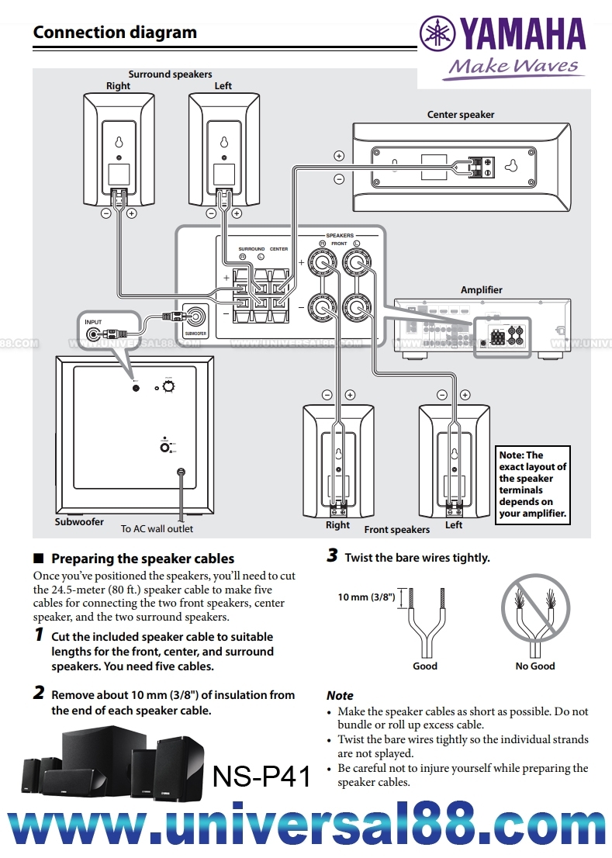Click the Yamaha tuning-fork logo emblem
click(x=438, y=34)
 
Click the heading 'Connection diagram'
click(x=115, y=33)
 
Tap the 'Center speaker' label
click(x=461, y=115)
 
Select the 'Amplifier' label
click(x=482, y=289)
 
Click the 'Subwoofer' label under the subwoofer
click(x=79, y=522)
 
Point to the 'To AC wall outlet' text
click(x=157, y=529)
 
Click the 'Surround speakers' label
click(x=170, y=74)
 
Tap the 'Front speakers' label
click(x=397, y=530)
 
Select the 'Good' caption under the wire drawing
click(x=425, y=666)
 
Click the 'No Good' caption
click(x=535, y=666)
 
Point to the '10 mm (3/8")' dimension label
click(x=366, y=597)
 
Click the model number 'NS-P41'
click(x=261, y=776)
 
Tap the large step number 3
click(x=332, y=556)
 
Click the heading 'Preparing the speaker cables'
click(x=142, y=559)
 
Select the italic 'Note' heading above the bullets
click(x=340, y=696)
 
